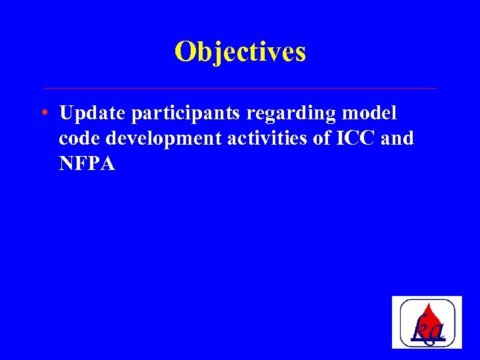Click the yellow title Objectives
(x=240, y=52)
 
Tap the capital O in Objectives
(x=185, y=51)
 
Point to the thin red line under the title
(x=240, y=88)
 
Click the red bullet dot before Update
(x=43, y=113)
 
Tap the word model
(x=370, y=113)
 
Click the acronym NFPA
(x=87, y=164)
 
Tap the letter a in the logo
(x=437, y=331)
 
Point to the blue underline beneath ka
(x=427, y=341)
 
